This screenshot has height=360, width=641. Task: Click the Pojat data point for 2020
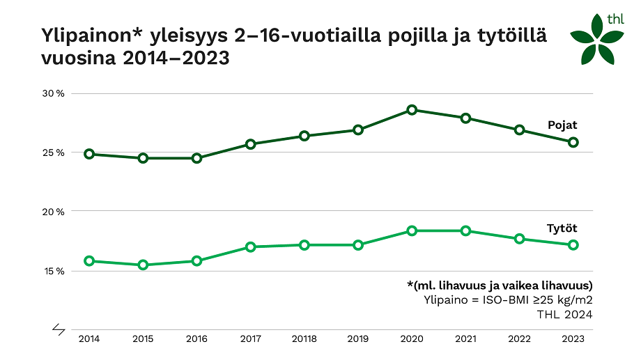412,110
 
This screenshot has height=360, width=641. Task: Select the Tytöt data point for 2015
143,265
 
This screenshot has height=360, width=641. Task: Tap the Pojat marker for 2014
89,154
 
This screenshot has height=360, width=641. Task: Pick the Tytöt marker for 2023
573,244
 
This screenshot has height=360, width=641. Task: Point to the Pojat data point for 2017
251,144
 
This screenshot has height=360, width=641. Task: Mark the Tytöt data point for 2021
465,230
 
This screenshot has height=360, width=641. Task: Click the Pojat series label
562,125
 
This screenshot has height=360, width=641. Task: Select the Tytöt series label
562,228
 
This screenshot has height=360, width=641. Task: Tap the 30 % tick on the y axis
54,93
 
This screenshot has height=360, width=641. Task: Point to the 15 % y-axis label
54,271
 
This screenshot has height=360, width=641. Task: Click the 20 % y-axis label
54,212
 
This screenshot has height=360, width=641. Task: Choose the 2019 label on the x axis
358,339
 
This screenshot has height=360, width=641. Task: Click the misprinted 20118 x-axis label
304,339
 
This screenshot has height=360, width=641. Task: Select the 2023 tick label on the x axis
573,339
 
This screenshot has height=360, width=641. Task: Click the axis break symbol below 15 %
59,329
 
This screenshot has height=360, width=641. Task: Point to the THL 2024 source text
564,315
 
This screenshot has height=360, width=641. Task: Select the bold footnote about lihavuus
500,285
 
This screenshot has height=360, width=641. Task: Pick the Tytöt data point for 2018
304,245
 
